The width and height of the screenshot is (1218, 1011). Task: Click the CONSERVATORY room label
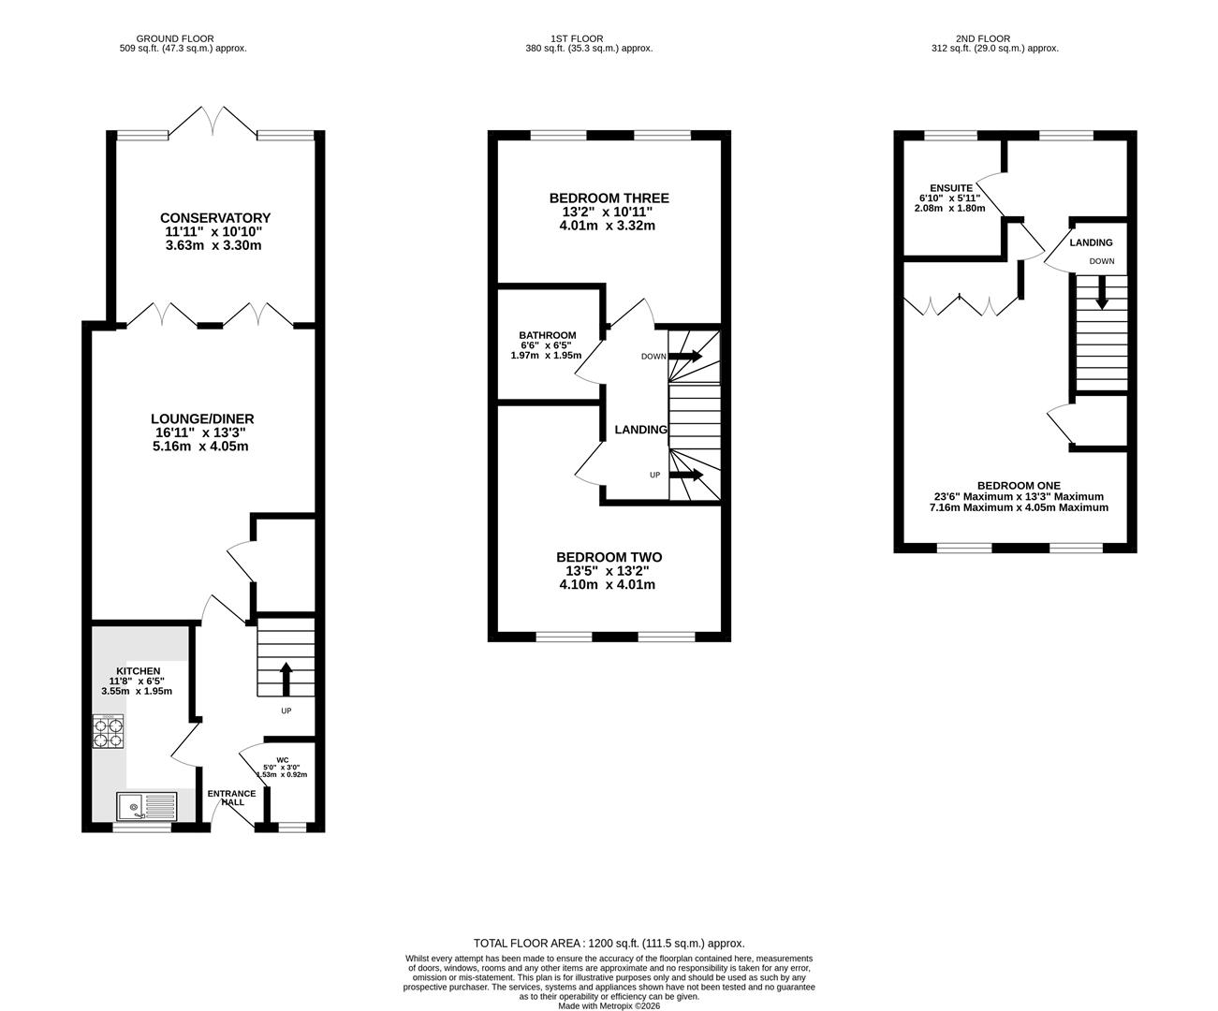point(215,218)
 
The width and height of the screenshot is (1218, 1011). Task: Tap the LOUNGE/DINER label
point(202,418)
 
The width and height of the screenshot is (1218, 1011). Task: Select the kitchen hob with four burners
point(108,731)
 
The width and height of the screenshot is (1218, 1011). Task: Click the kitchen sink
point(146,806)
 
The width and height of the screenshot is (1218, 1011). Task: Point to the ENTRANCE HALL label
point(231,798)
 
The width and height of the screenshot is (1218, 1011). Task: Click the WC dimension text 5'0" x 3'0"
point(282,768)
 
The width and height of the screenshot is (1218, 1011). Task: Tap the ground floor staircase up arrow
point(286,679)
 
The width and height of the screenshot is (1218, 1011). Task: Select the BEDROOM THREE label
point(609,198)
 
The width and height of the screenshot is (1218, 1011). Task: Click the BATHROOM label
point(547,335)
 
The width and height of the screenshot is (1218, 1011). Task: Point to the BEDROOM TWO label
point(609,557)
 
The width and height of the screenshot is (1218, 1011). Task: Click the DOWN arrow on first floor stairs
point(685,356)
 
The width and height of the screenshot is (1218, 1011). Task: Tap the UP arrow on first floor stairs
point(686,475)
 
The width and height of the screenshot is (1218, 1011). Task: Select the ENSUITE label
point(951,188)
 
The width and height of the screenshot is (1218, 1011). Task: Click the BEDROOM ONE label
point(1019,485)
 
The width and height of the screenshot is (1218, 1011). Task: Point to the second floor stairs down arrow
point(1101,292)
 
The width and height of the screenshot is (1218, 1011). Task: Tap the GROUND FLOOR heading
point(175,38)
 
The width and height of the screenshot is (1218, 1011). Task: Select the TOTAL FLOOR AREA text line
point(609,944)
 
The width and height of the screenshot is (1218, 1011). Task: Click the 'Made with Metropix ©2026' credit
point(609,1005)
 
